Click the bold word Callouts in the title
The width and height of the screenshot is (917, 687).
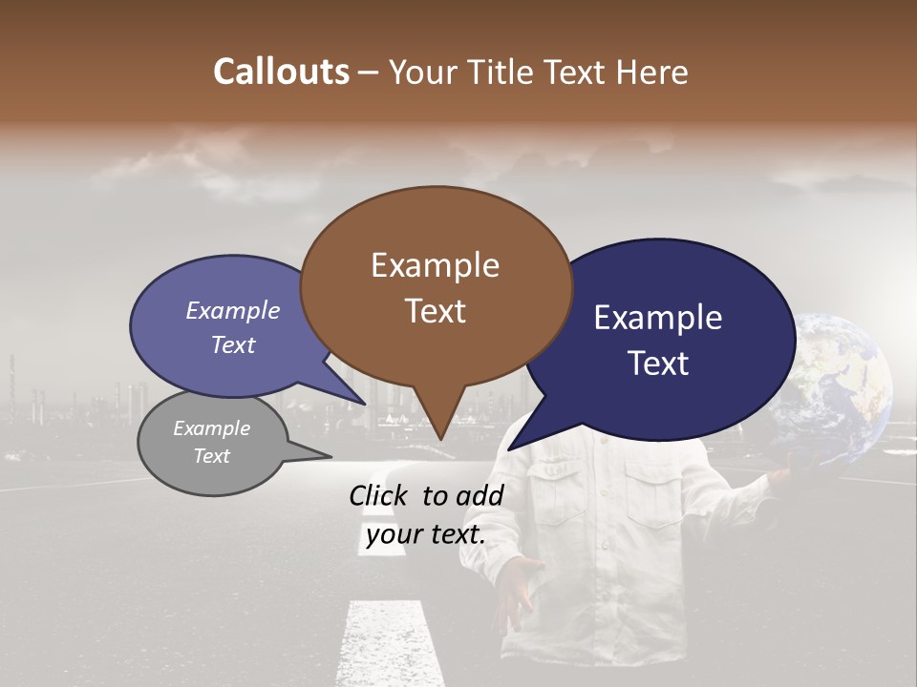point(281,72)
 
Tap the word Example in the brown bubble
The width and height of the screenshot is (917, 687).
point(435,265)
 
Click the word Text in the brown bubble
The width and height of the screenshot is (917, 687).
point(435,311)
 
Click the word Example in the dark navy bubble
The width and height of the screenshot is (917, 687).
point(658,318)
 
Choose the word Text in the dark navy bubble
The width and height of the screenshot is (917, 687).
point(658,364)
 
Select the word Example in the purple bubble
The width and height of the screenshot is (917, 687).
point(233,311)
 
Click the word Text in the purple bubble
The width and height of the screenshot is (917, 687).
point(233,345)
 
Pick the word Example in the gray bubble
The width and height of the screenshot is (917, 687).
point(212,428)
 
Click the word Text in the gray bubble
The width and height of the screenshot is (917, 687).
point(212,456)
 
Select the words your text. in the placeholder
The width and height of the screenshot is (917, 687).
point(426,535)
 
